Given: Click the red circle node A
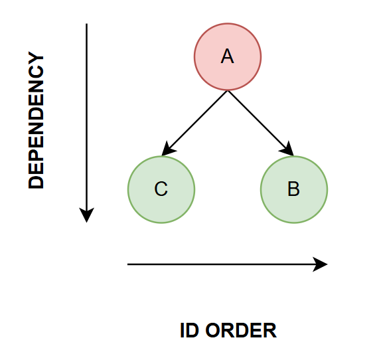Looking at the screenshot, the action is point(228,57).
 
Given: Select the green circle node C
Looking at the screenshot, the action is point(161,189).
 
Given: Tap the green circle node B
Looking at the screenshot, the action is point(294,189).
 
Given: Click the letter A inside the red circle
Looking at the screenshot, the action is point(227,56).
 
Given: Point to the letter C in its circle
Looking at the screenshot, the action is point(161,189).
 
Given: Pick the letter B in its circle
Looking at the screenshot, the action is point(293,189).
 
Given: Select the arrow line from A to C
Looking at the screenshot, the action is point(194,123).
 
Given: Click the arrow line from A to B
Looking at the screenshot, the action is point(261,123).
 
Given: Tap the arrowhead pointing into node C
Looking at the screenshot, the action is point(169,149).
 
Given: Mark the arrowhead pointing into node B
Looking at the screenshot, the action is point(287,149).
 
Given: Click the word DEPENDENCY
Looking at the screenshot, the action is point(36,120).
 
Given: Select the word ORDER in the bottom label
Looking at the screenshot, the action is point(241,331).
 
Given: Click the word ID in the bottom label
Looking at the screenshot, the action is point(189,331).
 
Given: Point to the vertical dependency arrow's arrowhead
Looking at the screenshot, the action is point(86,215).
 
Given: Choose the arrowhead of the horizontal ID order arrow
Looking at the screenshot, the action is point(320,264).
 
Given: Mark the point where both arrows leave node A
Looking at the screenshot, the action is point(228,91).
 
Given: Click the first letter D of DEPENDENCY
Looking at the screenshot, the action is point(36,182).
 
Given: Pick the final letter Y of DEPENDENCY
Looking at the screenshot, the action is point(36,58).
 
